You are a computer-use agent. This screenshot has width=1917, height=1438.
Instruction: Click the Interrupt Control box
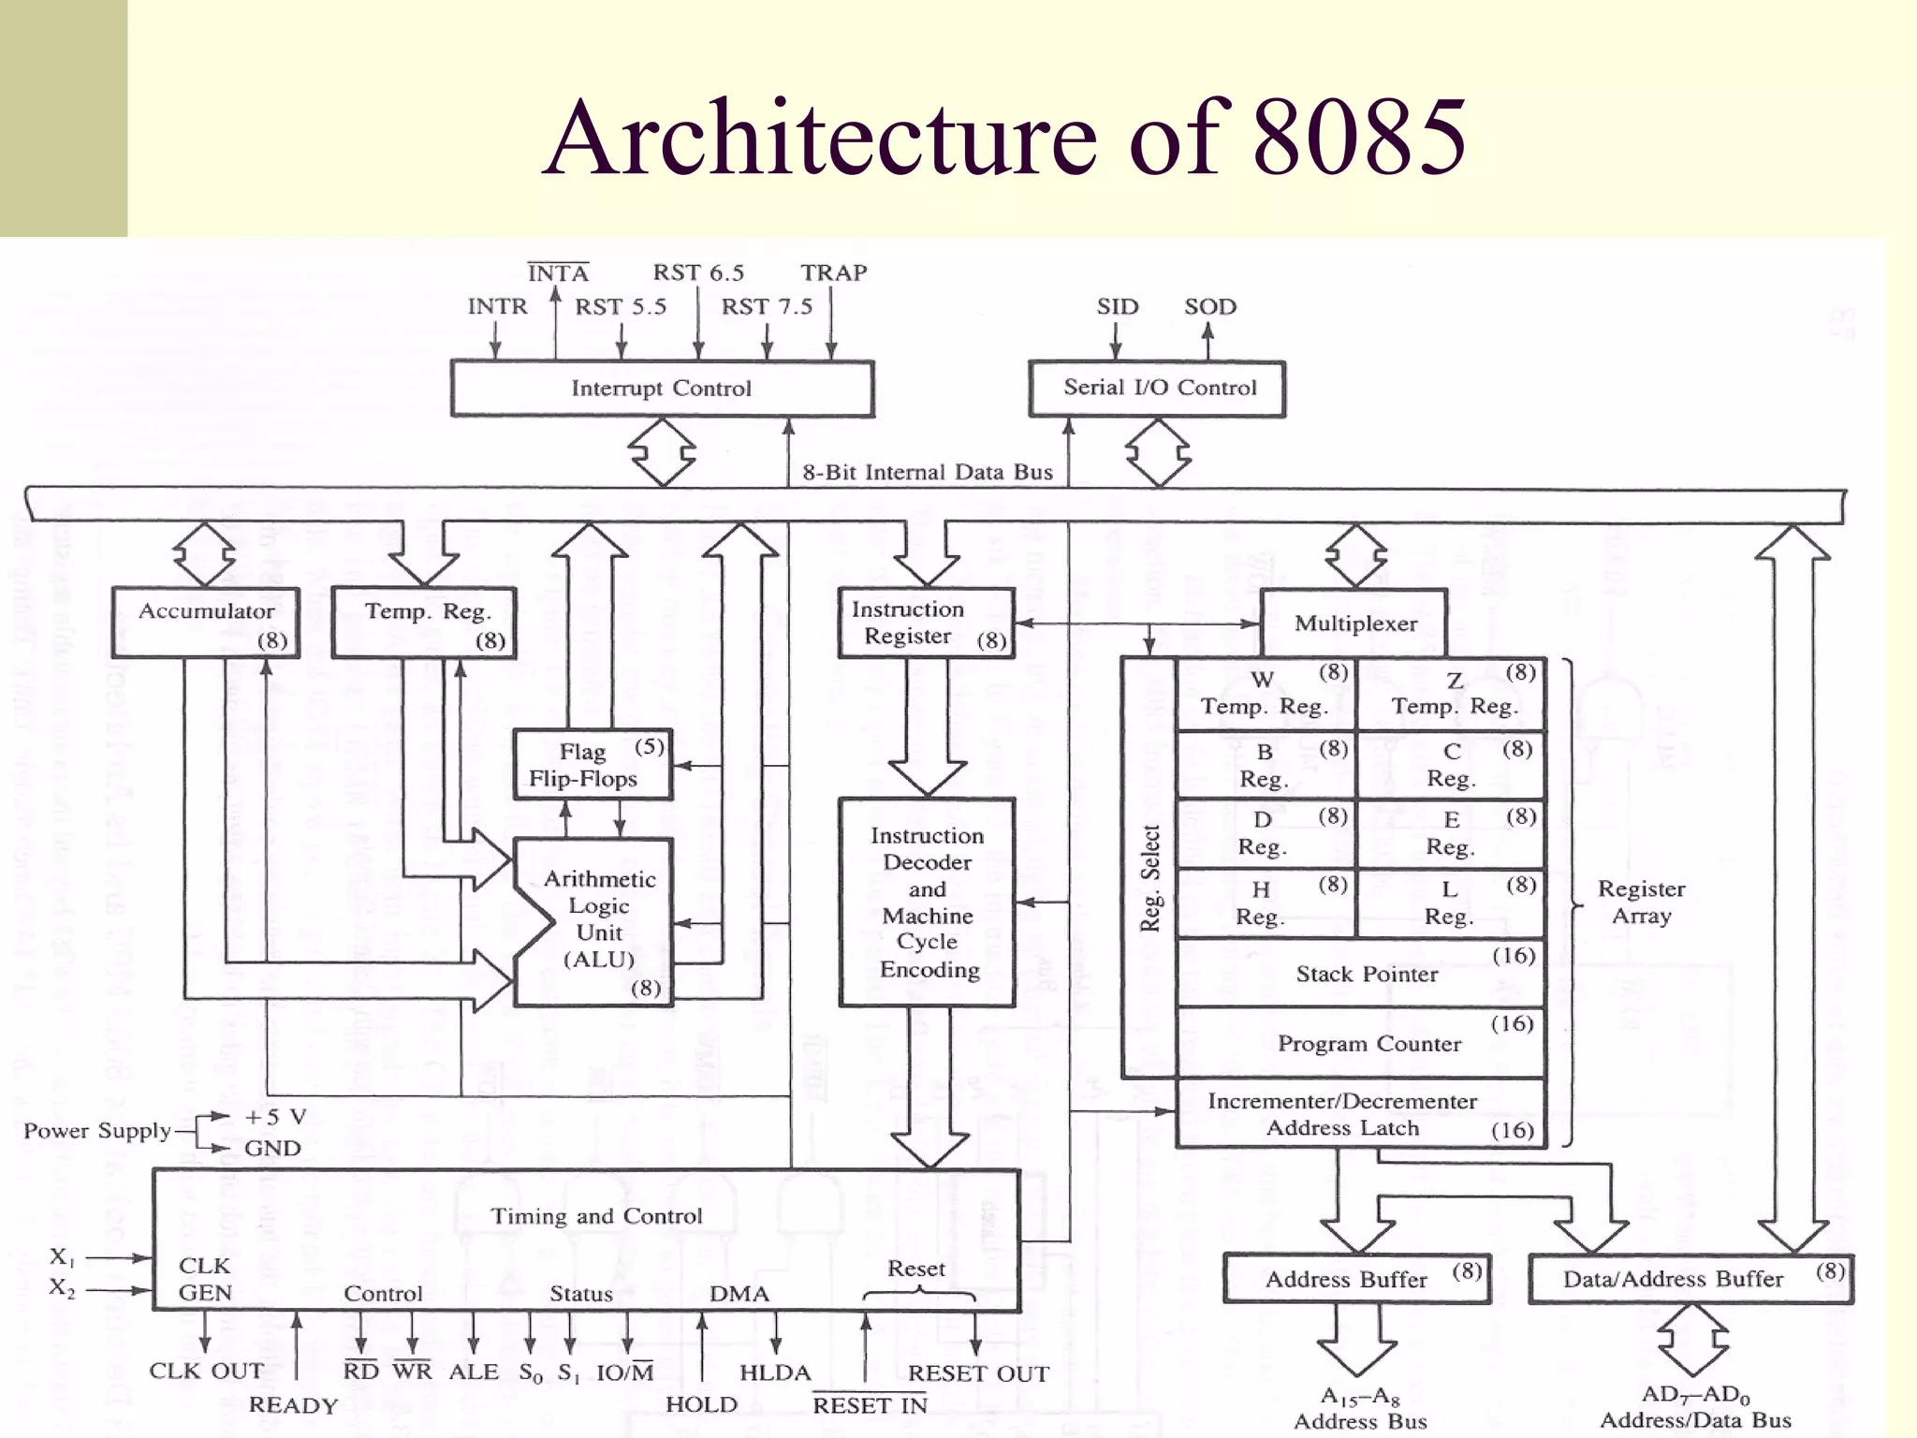[662, 389]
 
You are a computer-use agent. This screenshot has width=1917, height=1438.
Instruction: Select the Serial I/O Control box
[1158, 389]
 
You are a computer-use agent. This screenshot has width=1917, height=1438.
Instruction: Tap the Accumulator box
[206, 623]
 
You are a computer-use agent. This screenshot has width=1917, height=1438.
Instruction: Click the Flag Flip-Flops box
[593, 765]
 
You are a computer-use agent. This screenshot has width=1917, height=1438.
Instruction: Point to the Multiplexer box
[1354, 624]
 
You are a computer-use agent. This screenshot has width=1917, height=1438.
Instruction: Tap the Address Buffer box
[1356, 1279]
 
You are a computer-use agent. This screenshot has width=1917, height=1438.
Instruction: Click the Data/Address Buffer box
[1690, 1279]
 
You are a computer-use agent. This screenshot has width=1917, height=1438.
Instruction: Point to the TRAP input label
[833, 273]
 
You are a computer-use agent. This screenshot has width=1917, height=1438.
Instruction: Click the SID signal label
[1118, 307]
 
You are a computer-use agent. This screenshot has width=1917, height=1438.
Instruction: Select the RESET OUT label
[978, 1373]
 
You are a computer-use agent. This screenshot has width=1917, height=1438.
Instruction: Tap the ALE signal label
[474, 1372]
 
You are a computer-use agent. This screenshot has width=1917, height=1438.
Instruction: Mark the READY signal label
[293, 1405]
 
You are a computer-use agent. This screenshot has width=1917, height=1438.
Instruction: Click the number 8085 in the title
[1359, 139]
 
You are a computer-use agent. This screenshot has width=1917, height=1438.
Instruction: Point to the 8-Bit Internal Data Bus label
[927, 472]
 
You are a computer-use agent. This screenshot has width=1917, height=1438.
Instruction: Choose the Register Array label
[1641, 902]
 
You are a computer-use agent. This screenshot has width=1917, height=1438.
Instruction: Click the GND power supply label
[272, 1149]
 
